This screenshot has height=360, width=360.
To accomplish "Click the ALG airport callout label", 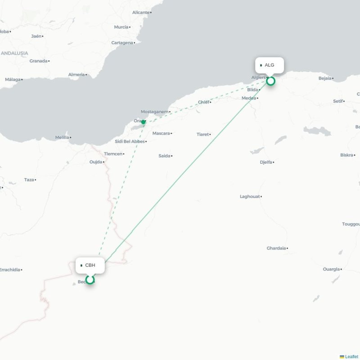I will click(269, 65).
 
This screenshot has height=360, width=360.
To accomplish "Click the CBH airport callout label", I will click(90, 265).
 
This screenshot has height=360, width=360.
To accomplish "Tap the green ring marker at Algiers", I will click(270, 81).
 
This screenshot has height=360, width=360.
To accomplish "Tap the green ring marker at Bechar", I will click(90, 280).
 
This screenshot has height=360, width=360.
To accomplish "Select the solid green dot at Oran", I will click(143, 122).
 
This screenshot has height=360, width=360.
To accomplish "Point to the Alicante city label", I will click(140, 12).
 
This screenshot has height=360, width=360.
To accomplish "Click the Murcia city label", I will click(121, 27).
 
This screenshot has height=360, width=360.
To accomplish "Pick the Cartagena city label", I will click(122, 43).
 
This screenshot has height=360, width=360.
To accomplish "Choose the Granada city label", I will click(38, 61).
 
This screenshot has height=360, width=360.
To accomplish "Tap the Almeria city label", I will click(76, 74).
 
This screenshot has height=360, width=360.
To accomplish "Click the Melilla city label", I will click(62, 137).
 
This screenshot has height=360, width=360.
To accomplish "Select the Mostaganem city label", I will click(154, 112).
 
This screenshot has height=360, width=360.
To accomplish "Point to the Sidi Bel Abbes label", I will click(130, 141).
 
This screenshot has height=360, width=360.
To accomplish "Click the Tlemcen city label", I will click(113, 154).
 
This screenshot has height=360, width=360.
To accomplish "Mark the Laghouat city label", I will click(250, 197).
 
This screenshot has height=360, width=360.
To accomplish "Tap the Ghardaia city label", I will click(276, 248).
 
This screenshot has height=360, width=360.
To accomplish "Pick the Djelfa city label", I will click(266, 162).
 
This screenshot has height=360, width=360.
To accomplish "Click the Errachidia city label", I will click(9, 270).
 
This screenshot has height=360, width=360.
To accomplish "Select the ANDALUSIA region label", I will click(14, 53).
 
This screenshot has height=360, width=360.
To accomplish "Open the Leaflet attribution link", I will click(351, 357).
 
